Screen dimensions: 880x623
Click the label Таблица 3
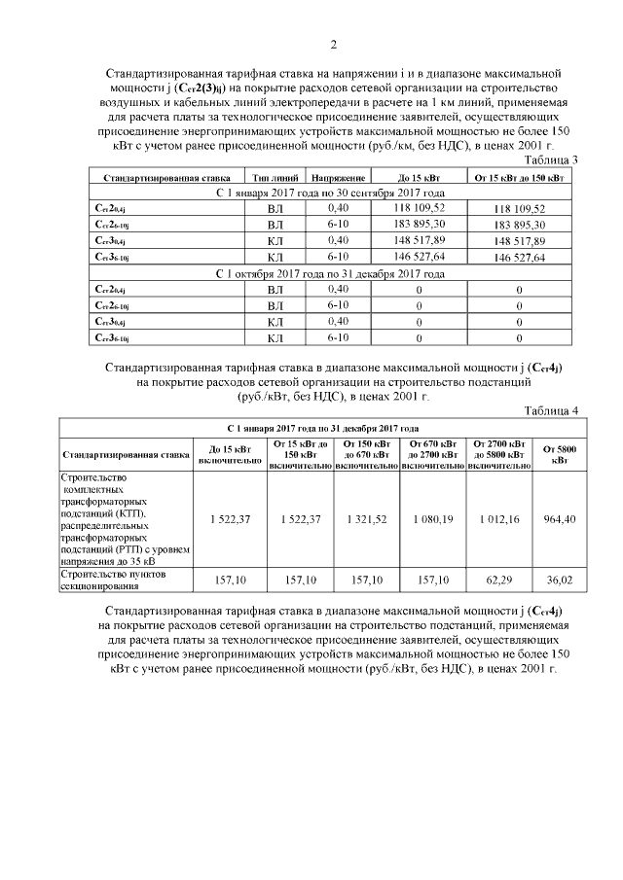[x=551, y=159]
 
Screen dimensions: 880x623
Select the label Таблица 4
[x=551, y=410]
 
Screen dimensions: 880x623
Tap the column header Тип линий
[x=275, y=179]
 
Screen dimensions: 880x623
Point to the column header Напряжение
[x=338, y=179]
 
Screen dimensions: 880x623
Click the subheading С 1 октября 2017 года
[x=330, y=274]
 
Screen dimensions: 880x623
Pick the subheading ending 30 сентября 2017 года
[x=330, y=194]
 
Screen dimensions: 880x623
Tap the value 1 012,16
[x=499, y=519]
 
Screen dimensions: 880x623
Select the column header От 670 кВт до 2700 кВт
[x=433, y=454]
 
